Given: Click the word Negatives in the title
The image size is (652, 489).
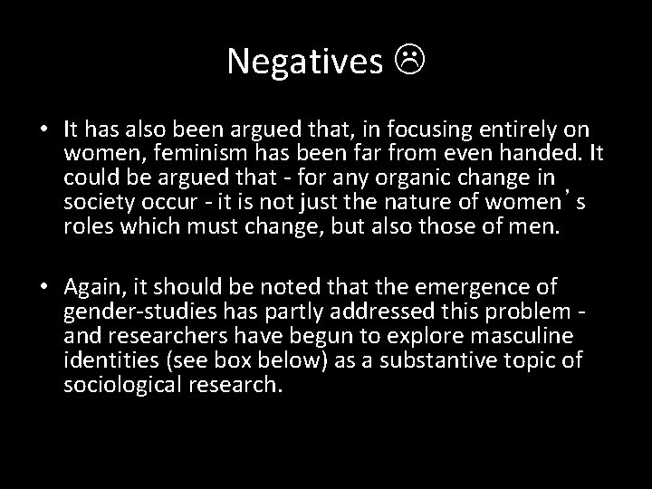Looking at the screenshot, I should point(305,61).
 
